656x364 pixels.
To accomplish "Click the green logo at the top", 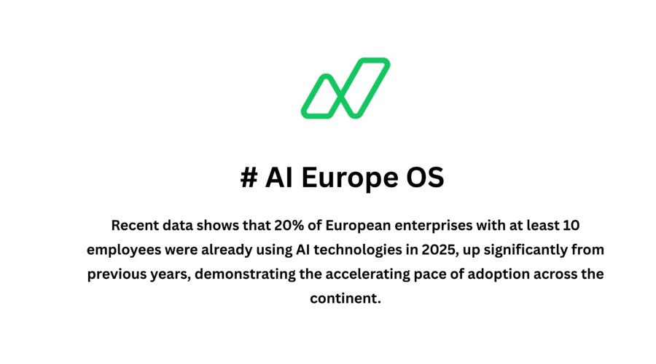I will point(345,87).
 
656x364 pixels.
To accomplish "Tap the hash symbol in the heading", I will point(248,178).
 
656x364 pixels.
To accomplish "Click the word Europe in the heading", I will point(339,178).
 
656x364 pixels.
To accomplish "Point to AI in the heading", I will point(280,178).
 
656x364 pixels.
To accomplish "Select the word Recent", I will point(132,224).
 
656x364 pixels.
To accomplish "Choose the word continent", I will point(345,299).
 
